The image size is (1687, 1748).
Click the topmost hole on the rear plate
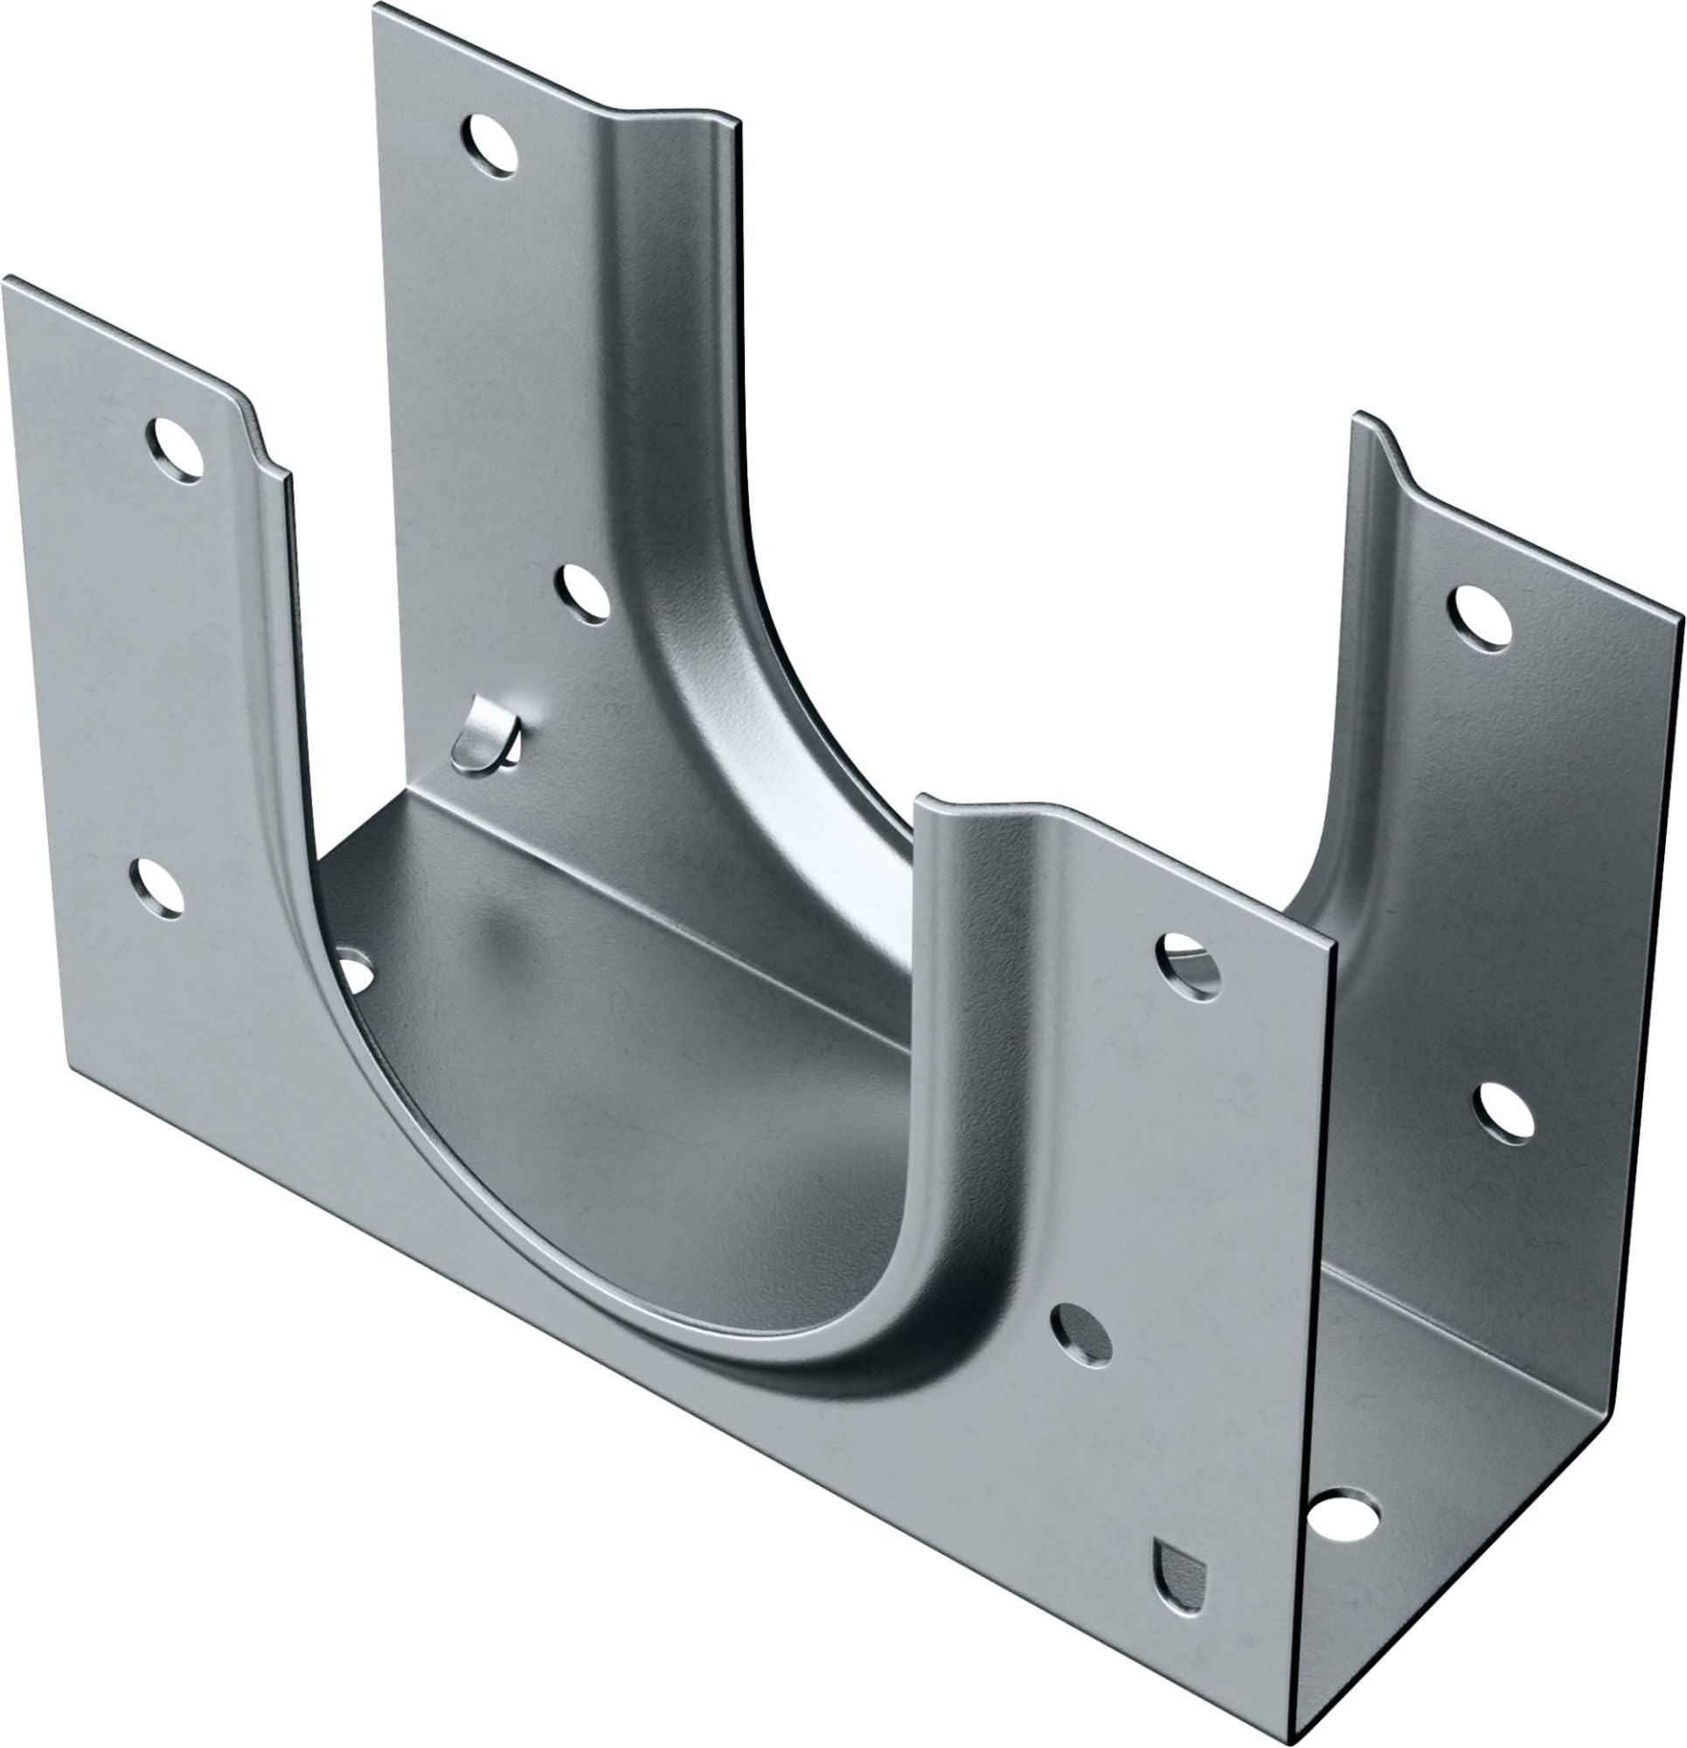coord(489,143)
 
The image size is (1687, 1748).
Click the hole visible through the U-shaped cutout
coord(354,974)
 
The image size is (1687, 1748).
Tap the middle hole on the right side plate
coord(1507,1112)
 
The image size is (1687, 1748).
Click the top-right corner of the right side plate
coord(1682,615)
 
